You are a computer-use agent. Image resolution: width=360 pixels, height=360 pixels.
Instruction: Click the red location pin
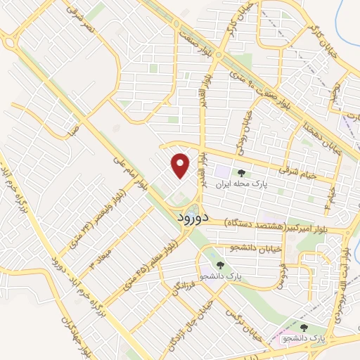181,166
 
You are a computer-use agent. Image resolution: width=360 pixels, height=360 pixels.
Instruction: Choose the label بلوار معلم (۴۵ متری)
150,257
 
